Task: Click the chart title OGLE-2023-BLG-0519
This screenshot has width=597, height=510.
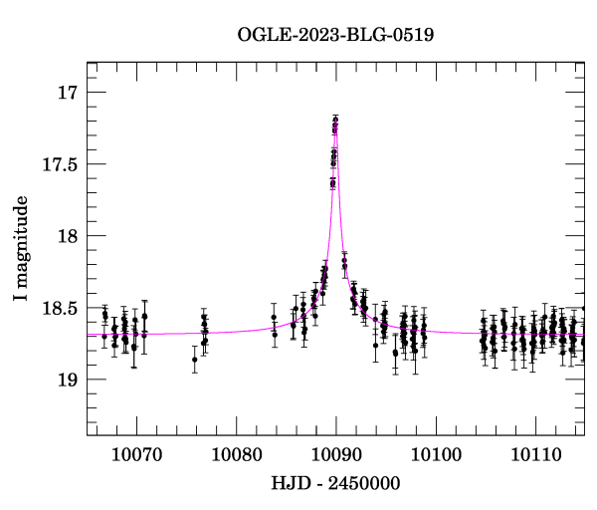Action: [335, 35]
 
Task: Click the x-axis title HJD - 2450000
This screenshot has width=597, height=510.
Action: [334, 484]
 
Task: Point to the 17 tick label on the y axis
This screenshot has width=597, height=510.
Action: [67, 93]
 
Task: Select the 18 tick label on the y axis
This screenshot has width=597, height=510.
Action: [67, 236]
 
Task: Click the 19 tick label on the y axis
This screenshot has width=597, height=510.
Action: [67, 380]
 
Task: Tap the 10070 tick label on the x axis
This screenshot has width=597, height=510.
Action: [135, 455]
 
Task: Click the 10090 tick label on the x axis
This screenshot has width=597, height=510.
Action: [335, 455]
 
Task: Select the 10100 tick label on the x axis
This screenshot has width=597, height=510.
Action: [435, 455]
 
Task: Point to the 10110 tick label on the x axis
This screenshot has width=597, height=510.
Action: [535, 455]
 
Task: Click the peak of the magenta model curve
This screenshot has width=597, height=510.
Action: [335, 121]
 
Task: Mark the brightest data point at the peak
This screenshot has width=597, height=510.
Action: [335, 121]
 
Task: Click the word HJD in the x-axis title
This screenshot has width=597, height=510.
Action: [288, 484]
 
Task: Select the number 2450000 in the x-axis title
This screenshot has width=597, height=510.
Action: [364, 484]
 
